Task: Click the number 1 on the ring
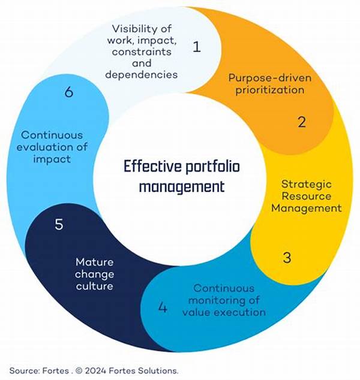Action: [x=197, y=47]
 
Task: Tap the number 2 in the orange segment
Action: [x=302, y=122]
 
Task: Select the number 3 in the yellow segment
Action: [x=287, y=258]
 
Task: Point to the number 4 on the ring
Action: [x=163, y=308]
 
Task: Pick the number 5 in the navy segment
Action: [x=59, y=225]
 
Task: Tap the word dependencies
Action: [x=142, y=74]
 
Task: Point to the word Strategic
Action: [x=306, y=183]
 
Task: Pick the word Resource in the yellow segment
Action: [x=305, y=196]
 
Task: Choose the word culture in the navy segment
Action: [x=94, y=286]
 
